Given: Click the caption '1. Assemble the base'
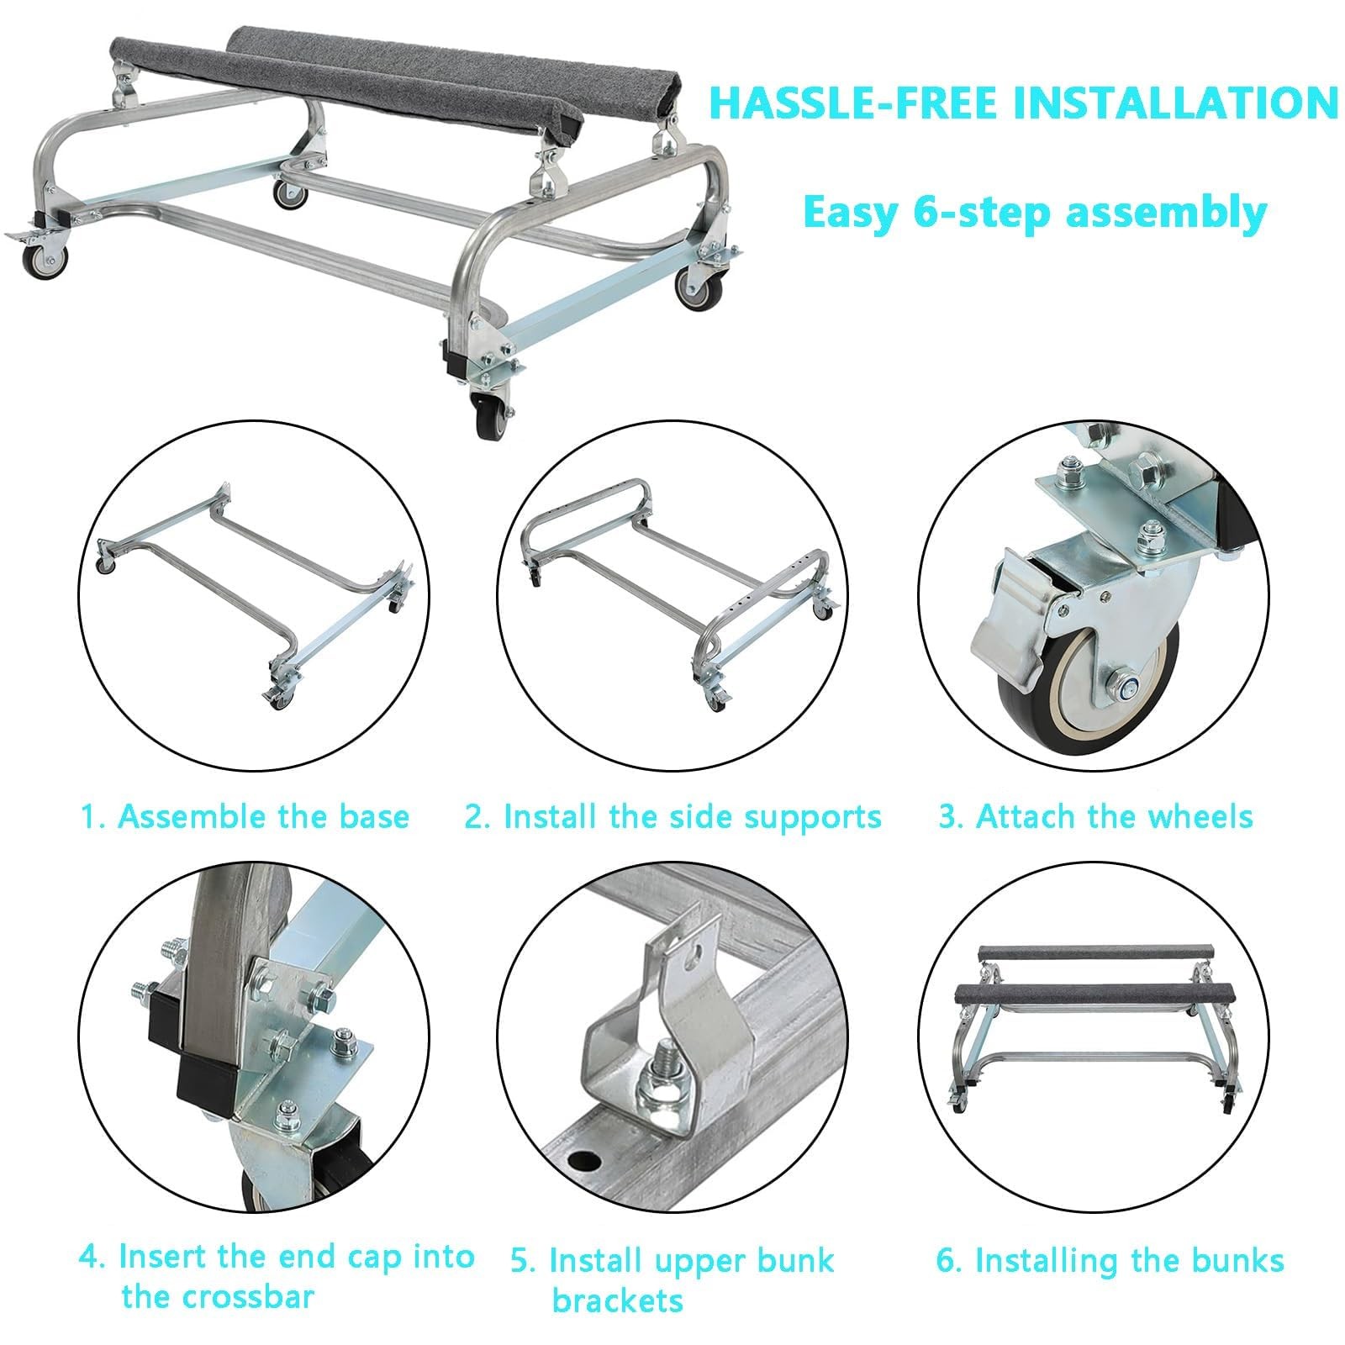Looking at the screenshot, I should [x=245, y=816].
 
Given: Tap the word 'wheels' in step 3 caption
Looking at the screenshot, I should [x=1197, y=816].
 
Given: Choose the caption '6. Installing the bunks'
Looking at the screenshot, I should [x=1110, y=1260].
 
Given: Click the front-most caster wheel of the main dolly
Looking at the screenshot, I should [x=488, y=417].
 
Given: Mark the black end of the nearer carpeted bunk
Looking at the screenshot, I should [x=572, y=128].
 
